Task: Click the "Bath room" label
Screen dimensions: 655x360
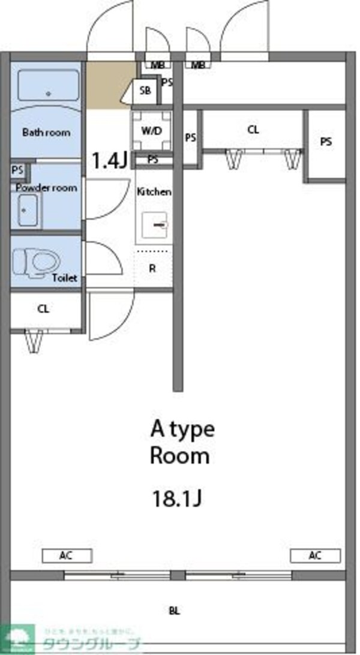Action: (x=46, y=132)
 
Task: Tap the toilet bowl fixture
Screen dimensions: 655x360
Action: (x=38, y=262)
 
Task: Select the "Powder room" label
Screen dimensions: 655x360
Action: (x=46, y=187)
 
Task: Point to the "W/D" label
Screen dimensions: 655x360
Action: (x=151, y=131)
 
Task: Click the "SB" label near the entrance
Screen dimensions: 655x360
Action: (x=145, y=91)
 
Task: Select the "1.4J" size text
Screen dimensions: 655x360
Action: (x=109, y=160)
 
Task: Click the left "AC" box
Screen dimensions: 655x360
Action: (x=66, y=555)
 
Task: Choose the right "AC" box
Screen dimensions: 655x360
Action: (x=315, y=555)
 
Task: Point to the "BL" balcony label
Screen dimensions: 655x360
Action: (x=174, y=611)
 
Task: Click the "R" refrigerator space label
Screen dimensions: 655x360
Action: (x=152, y=268)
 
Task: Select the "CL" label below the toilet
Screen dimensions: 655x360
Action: (x=43, y=309)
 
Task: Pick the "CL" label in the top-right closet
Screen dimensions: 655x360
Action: (x=253, y=129)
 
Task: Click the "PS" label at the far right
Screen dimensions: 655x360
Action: (x=325, y=142)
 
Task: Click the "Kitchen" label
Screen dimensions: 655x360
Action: (x=154, y=192)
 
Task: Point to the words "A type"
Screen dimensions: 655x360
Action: (x=182, y=429)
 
